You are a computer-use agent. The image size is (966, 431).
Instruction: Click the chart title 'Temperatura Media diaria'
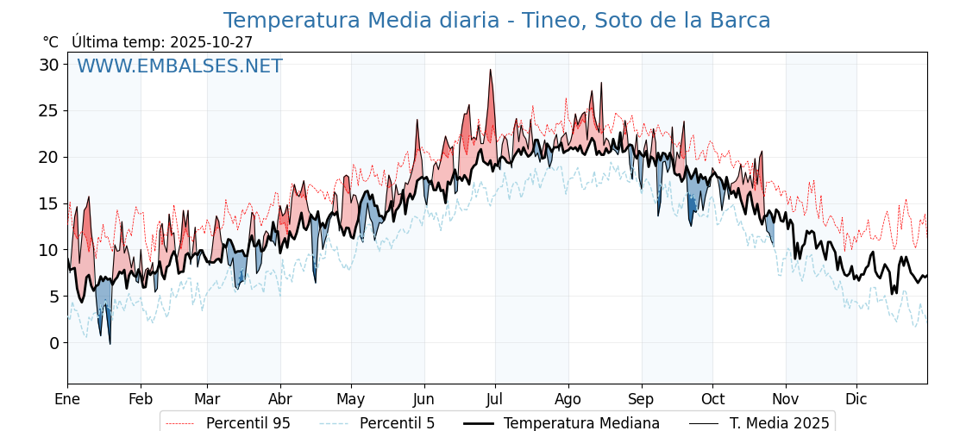[x=496, y=21]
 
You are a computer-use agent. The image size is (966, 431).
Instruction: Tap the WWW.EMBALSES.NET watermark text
[x=179, y=66]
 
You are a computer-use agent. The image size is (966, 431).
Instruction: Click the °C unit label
[x=50, y=42]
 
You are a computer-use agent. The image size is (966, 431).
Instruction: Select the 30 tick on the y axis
[x=49, y=65]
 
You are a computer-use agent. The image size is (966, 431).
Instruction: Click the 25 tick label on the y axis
[x=49, y=111]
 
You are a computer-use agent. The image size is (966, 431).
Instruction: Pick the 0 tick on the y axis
[x=54, y=343]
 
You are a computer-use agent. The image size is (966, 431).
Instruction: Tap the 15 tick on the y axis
[x=49, y=204]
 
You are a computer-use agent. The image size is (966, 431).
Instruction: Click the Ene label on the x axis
[x=67, y=399]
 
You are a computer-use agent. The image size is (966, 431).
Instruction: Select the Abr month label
[x=280, y=399]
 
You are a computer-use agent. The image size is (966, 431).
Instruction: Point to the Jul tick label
[x=495, y=399]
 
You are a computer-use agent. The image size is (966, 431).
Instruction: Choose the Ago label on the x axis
[x=568, y=399]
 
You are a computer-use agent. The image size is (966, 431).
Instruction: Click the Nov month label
[x=786, y=399]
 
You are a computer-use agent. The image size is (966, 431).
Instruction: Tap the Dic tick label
[x=856, y=399]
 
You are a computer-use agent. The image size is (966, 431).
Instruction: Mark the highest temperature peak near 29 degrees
[x=491, y=71]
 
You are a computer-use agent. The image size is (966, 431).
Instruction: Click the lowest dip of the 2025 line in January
[x=110, y=344]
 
